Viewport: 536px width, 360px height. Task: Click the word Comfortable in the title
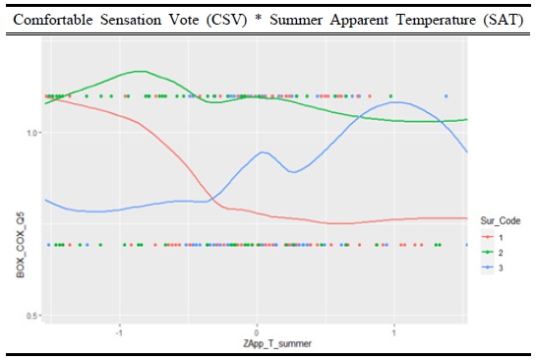click(53, 20)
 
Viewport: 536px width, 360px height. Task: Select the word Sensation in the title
click(131, 20)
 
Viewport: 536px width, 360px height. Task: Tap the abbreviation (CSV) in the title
click(226, 20)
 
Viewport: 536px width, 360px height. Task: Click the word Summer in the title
click(296, 20)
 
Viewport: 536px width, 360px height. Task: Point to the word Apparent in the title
click(359, 21)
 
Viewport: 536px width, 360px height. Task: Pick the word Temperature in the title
click(436, 21)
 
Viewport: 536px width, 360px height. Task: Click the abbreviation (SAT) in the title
click(504, 20)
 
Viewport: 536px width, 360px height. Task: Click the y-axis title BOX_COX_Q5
click(21, 245)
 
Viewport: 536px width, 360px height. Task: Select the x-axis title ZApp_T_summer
click(277, 343)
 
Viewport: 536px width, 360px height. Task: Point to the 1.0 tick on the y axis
click(33, 133)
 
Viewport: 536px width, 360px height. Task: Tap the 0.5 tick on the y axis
click(33, 315)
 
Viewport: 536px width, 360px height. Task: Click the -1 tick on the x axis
click(119, 332)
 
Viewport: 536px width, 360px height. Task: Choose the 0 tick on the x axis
click(257, 332)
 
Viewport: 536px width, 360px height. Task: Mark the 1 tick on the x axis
click(393, 332)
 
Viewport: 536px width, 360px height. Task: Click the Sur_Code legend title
click(501, 221)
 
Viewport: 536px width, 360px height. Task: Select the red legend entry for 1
click(494, 237)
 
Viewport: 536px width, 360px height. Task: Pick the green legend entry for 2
click(494, 253)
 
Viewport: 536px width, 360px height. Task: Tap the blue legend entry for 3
click(494, 268)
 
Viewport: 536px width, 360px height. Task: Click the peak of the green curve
click(141, 71)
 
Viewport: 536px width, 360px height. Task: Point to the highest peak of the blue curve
click(393, 102)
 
